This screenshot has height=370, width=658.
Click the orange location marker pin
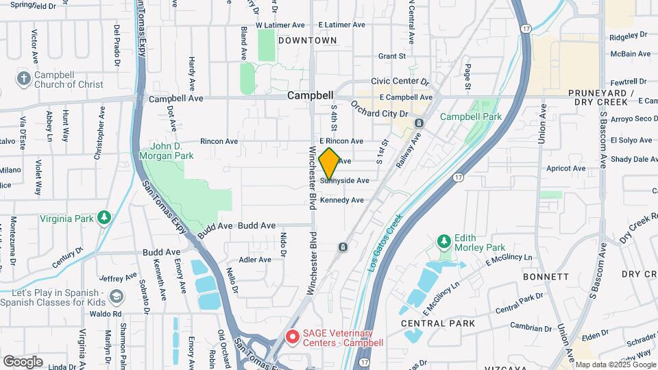329,163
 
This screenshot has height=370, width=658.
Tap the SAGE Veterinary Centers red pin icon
293,336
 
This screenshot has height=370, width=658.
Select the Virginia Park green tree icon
104,217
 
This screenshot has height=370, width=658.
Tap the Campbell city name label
310,96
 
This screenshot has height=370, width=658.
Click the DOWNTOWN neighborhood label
308,40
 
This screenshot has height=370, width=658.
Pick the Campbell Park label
471,116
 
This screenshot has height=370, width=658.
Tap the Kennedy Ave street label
342,200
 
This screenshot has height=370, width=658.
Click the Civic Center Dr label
400,82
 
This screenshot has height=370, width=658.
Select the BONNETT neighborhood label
546,277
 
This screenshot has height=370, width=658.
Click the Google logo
23,361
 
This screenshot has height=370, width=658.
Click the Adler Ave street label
255,260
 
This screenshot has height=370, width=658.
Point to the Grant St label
392,56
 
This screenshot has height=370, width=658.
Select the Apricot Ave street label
565,168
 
